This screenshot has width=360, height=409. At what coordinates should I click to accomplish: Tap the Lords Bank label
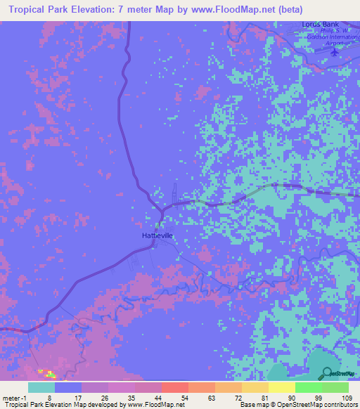tap(315, 25)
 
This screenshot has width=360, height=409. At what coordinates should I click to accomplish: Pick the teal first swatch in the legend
tap(41, 387)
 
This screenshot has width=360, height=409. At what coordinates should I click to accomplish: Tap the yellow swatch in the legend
tap(281, 387)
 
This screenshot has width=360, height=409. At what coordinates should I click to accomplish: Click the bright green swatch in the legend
tap(308, 387)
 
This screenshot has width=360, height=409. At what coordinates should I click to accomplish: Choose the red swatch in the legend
tap(174, 387)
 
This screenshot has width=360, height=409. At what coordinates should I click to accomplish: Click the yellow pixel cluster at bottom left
tap(46, 372)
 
